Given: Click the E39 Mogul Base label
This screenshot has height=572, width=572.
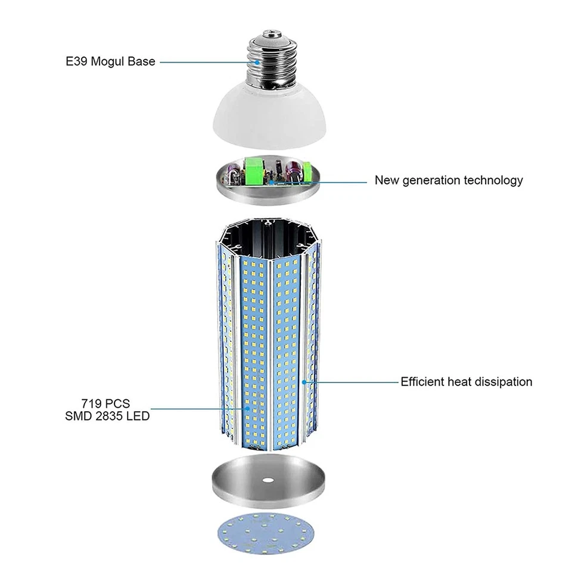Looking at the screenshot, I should click(x=110, y=61).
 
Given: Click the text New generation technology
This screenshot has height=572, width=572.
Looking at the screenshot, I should click(x=449, y=180).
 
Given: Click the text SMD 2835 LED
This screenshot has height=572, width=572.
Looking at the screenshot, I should click(x=107, y=416).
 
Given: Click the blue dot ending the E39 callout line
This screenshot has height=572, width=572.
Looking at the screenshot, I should click(x=257, y=61).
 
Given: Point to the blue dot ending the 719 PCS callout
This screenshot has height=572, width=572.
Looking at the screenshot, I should click(x=247, y=409).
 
